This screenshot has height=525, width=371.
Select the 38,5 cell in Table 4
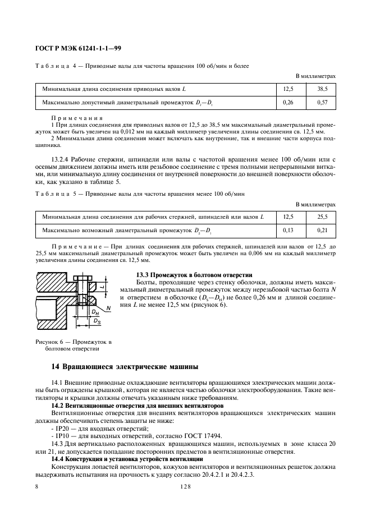(x=322, y=89)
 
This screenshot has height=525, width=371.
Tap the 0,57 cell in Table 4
(x=322, y=102)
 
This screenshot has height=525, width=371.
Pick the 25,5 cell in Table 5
(x=322, y=217)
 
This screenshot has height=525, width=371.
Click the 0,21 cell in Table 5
(x=322, y=230)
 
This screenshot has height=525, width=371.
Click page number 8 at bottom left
(x=36, y=487)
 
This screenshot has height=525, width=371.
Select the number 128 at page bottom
(x=185, y=487)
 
